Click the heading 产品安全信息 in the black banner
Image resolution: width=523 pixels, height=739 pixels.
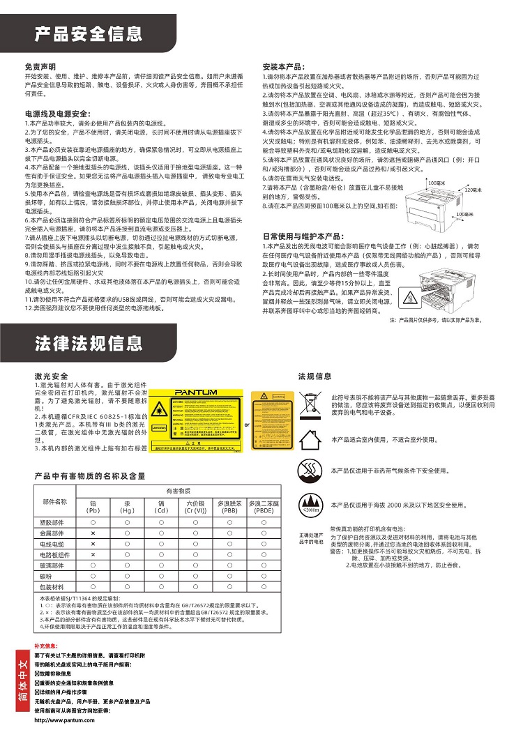[x=89, y=33]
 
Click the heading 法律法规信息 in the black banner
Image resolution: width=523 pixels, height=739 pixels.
[x=89, y=344]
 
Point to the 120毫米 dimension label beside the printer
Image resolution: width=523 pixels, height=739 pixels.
[x=473, y=190]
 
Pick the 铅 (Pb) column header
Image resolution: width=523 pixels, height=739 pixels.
[x=93, y=506]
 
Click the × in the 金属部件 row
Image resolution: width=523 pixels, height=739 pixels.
[x=93, y=533]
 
